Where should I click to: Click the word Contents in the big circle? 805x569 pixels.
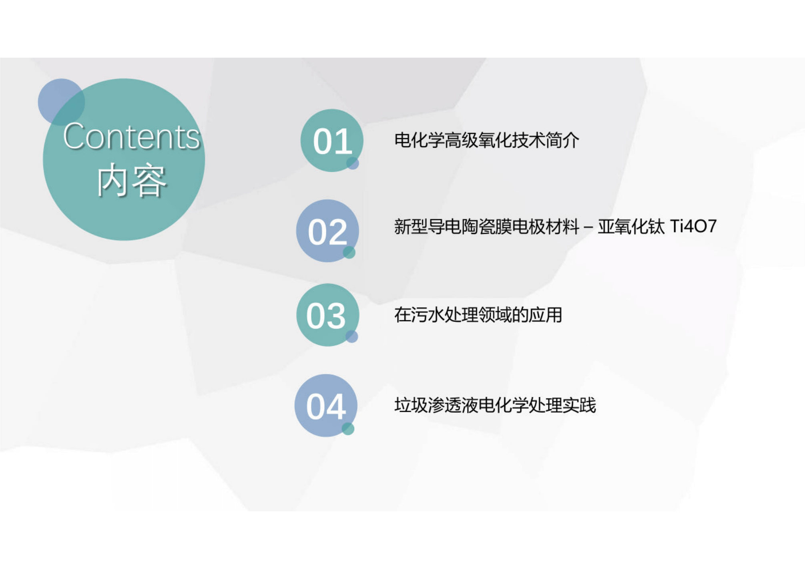[131, 137]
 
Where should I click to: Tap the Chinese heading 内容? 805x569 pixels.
[131, 180]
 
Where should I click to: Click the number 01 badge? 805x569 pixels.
[332, 141]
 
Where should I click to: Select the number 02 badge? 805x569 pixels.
[327, 231]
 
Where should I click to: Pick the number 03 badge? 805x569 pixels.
[328, 315]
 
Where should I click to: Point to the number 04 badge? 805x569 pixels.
[326, 406]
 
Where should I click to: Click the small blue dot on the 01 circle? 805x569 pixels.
[353, 163]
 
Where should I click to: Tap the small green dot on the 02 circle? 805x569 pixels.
[349, 252]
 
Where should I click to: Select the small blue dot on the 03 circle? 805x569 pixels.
[352, 336]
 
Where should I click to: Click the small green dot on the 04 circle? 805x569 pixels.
[348, 428]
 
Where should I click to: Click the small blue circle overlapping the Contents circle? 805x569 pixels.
[61, 102]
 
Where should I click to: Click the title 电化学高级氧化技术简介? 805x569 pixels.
[487, 141]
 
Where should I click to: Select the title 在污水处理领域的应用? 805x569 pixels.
[478, 315]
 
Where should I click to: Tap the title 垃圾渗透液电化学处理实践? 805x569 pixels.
[495, 405]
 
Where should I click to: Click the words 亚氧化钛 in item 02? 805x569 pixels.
[631, 227]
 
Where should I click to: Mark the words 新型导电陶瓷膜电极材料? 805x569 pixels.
[487, 227]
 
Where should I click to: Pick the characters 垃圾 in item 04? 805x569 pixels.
[411, 405]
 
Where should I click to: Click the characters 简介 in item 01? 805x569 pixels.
[562, 141]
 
